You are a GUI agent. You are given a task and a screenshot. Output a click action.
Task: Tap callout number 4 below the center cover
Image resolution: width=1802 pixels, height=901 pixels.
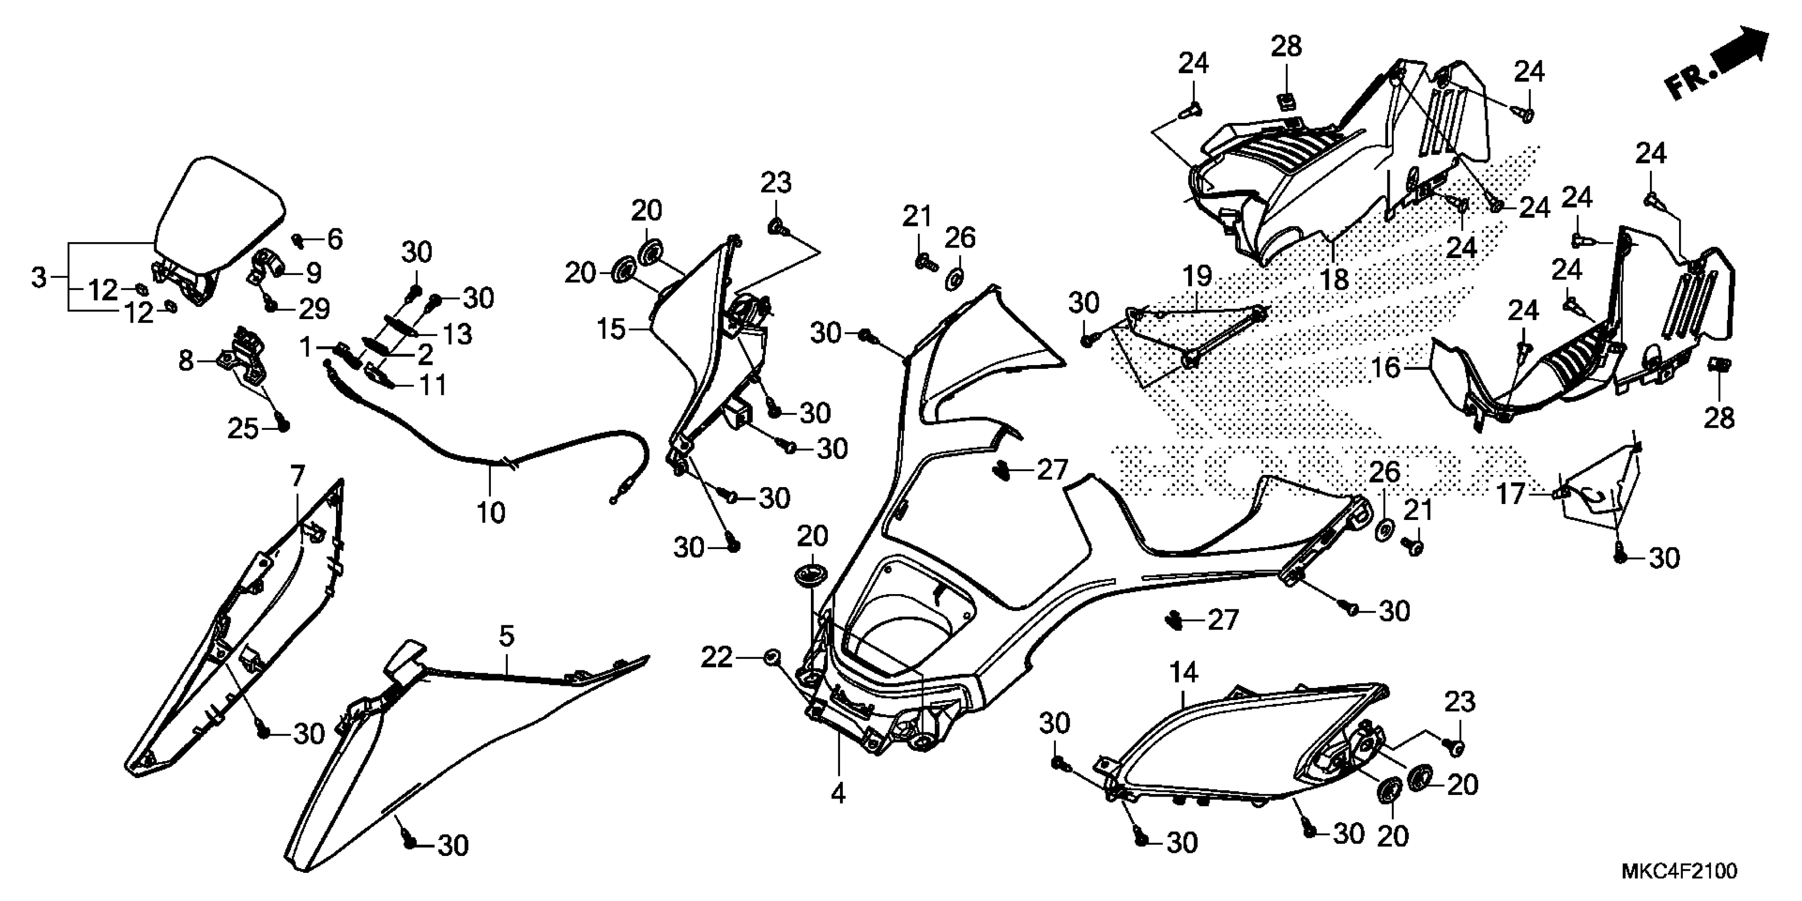(x=837, y=793)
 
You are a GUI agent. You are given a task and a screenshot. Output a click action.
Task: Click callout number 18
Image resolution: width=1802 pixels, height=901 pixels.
(x=1335, y=279)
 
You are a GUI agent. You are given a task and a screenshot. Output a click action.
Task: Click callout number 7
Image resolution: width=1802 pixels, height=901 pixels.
(x=297, y=476)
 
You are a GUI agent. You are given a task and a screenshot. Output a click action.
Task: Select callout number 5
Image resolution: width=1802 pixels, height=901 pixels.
(x=507, y=636)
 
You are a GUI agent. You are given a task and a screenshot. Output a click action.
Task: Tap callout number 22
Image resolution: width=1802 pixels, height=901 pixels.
(x=717, y=658)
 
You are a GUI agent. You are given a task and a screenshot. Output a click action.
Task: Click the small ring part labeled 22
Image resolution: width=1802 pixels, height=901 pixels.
(x=771, y=658)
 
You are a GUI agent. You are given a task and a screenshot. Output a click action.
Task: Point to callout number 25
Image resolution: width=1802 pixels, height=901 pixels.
(x=243, y=429)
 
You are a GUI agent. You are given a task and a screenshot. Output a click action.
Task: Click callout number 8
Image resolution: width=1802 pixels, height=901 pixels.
(x=185, y=361)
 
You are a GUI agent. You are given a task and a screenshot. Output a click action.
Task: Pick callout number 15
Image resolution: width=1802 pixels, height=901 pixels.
(x=611, y=328)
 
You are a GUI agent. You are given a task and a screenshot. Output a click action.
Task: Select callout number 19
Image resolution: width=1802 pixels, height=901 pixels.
(x=1197, y=276)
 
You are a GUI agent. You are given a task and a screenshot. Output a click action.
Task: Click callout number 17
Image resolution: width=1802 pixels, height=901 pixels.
(x=1509, y=494)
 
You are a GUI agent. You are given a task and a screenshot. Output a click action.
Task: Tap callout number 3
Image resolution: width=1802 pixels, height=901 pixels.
(x=39, y=277)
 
